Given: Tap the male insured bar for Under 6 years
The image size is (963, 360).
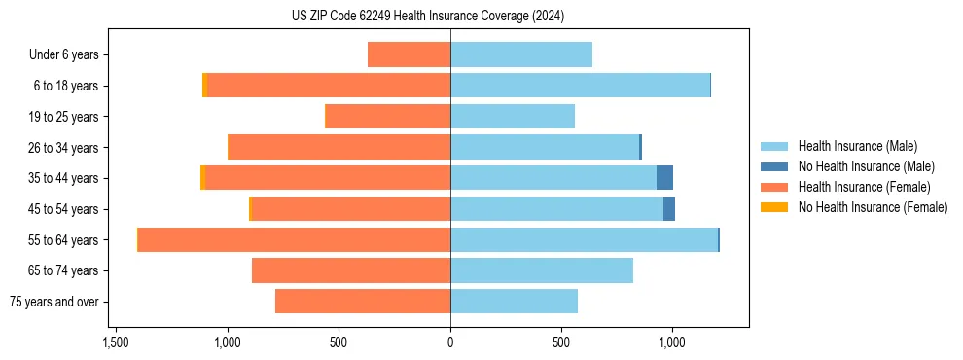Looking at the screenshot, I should click(521, 54).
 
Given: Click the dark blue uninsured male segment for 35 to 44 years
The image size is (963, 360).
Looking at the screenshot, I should click(664, 178).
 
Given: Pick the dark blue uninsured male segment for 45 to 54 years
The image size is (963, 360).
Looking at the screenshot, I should click(669, 208).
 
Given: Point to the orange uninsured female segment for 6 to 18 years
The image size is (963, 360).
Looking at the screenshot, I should click(204, 86).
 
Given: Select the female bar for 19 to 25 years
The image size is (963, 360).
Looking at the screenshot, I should click(387, 117).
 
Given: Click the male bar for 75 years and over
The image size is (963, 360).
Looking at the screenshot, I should click(514, 302).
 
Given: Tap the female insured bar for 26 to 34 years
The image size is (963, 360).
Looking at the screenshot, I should click(339, 147).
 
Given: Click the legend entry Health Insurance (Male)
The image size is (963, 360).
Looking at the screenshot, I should click(857, 146).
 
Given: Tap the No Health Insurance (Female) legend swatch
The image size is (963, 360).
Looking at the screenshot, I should click(774, 207).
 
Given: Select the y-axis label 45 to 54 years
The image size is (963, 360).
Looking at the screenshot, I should click(64, 209).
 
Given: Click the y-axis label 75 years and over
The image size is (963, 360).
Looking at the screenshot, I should click(53, 302).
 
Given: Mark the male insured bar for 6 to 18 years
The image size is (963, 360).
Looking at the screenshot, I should click(580, 86).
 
